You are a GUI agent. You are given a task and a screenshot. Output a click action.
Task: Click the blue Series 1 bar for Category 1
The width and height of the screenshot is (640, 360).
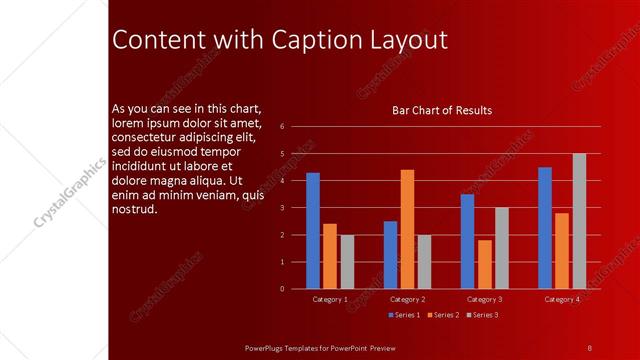313,230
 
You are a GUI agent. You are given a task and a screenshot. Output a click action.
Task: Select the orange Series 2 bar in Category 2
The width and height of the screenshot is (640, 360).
407,229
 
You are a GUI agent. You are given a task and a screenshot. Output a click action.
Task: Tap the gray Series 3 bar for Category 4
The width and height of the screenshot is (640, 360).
579,221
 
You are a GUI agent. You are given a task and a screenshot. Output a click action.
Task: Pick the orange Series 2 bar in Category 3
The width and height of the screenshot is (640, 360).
485,264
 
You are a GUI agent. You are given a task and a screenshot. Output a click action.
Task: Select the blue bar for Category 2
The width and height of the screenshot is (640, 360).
390,255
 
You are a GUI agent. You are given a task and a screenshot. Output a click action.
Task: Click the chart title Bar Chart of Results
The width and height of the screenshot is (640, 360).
441,110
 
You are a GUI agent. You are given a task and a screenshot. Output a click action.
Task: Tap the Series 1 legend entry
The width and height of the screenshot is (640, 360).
403,315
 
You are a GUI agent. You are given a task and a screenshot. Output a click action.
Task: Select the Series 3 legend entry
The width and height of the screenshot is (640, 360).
482,315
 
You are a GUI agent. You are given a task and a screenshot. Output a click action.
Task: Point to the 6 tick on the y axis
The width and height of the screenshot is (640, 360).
283,127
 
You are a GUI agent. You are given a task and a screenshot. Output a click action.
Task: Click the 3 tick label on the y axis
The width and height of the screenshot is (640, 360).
283,208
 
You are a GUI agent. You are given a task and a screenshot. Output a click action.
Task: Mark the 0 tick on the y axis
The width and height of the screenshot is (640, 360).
283,289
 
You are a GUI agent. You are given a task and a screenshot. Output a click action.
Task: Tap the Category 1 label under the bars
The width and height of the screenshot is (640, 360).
330,299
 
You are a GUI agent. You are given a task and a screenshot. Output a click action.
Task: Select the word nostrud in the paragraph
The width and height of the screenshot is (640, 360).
135,209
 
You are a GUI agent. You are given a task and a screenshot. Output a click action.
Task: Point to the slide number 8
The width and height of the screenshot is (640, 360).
589,347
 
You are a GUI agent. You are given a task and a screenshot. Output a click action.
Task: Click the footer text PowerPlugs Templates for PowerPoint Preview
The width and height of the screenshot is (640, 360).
321,347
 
